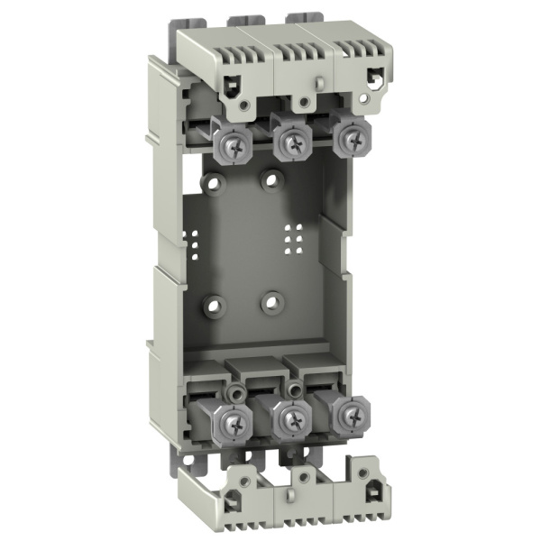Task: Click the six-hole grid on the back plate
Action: coord(291,236)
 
